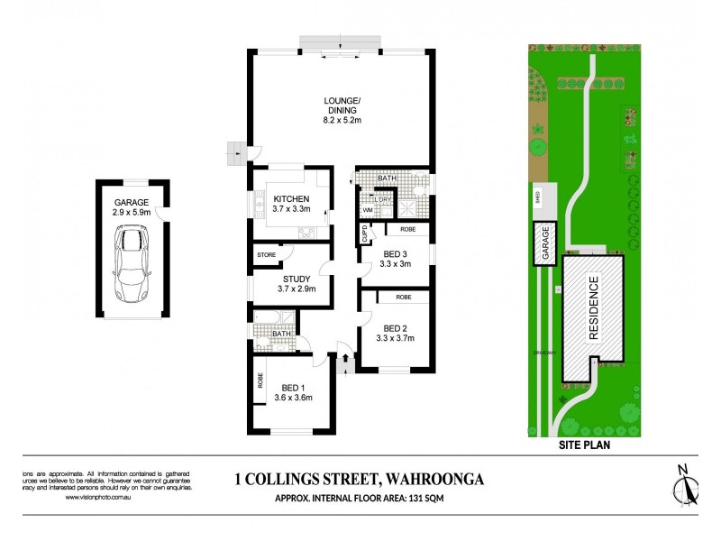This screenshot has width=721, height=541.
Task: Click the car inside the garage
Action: click(132, 263)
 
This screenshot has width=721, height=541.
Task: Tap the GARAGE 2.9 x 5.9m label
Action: click(132, 207)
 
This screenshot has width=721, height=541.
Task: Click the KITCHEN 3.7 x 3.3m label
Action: click(291, 204)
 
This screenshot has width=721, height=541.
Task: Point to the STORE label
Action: click(266, 255)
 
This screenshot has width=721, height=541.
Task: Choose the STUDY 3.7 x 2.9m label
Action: click(291, 285)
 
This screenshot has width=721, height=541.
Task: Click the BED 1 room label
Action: click(293, 392)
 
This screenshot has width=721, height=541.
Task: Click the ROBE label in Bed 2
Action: click(403, 297)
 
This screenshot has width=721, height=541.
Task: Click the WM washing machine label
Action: click(368, 210)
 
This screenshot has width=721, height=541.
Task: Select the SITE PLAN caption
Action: click(583, 445)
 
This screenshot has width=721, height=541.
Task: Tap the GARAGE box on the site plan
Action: click(544, 244)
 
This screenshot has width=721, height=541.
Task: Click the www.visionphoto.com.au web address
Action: click(103, 497)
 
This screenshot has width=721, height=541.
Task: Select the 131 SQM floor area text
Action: click(446, 496)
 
